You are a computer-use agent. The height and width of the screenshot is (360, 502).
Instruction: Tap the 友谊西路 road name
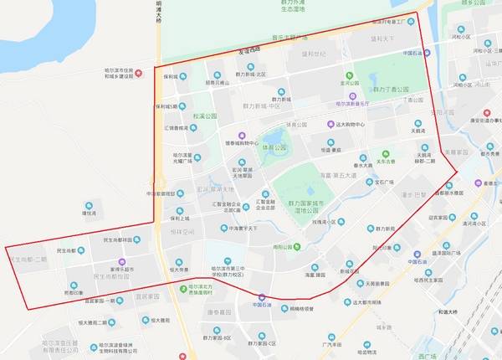pos(249,48)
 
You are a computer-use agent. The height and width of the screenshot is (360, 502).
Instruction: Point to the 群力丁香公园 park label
pos(391,89)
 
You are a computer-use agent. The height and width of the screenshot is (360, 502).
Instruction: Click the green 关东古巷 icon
pos(385,153)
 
